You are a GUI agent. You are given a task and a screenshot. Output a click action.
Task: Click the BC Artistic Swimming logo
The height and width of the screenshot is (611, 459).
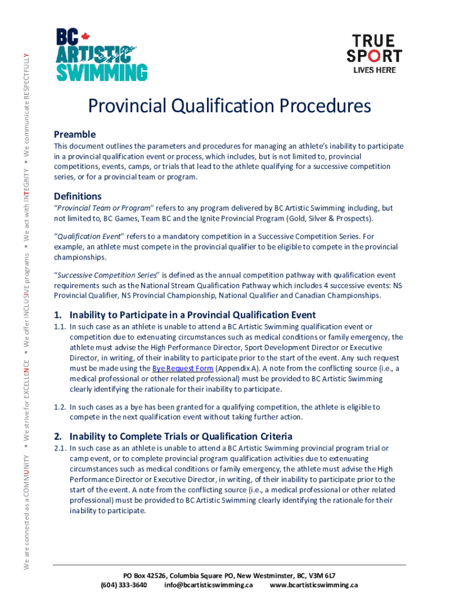coord(101,55)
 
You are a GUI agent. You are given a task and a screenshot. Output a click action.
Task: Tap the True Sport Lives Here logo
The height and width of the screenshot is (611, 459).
coord(374,53)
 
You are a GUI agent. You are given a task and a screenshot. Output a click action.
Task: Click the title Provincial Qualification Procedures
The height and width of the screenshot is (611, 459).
coord(229,106)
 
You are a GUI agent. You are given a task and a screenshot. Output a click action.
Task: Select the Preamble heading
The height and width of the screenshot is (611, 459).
coord(75,134)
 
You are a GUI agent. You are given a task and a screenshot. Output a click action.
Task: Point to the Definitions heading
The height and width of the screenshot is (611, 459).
coord(77,196)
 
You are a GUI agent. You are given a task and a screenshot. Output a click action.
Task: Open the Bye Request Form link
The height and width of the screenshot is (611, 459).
coord(182,368)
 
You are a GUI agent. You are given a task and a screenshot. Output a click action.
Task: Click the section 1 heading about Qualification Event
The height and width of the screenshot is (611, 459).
coord(185,314)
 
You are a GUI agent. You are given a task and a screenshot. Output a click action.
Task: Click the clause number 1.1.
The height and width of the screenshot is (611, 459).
coord(60,327)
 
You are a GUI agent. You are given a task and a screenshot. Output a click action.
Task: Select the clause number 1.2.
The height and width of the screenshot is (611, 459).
coord(60,407)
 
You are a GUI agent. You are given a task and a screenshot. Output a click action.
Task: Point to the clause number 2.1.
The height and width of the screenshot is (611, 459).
coord(60,448)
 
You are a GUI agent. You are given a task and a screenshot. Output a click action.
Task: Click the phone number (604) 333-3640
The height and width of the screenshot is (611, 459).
coord(124,585)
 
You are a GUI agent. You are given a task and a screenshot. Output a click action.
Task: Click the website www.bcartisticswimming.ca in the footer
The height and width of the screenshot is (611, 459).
coord(314,585)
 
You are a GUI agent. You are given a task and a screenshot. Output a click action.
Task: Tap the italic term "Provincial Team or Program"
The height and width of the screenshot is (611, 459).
coord(104,208)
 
